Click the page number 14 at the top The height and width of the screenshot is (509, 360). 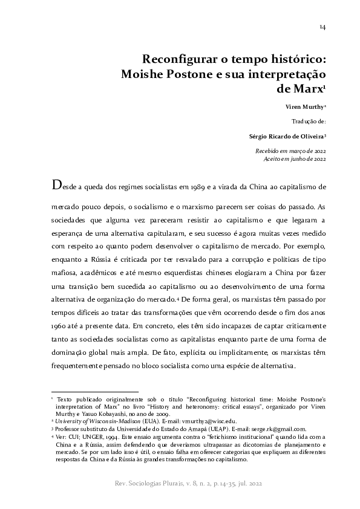[323, 27]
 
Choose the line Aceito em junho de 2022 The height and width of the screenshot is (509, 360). [295, 158]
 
